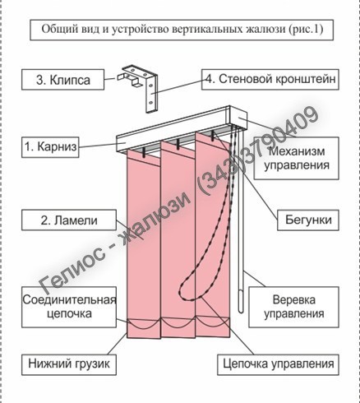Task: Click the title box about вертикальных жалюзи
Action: (182, 30)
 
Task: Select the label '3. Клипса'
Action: (63, 80)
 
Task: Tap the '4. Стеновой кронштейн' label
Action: (270, 79)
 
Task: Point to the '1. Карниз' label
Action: (50, 147)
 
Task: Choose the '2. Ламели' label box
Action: (69, 220)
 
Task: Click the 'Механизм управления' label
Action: (297, 158)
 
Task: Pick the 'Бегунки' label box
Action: (308, 220)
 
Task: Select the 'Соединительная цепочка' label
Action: (69, 307)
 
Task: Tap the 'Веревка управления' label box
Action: (293, 307)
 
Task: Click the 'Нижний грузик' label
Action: (69, 364)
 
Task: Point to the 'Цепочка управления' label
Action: (279, 364)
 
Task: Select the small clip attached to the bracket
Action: (128, 77)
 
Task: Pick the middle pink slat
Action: (178, 239)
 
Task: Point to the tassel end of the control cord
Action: (241, 302)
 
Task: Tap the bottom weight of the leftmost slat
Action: (144, 329)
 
